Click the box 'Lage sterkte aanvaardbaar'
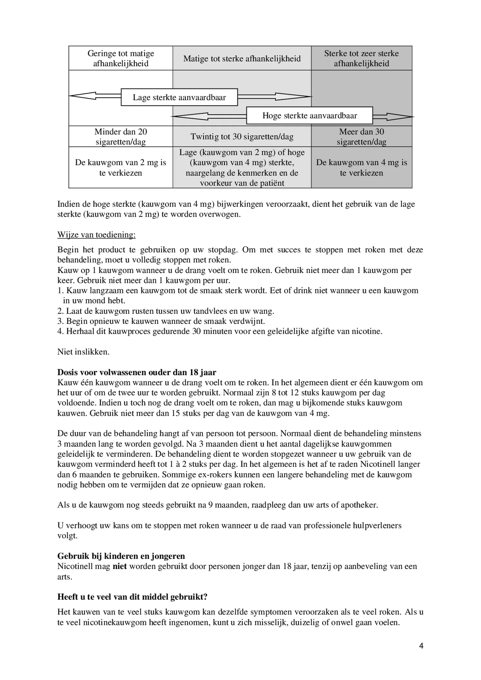click(179, 97)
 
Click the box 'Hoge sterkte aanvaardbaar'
click(309, 116)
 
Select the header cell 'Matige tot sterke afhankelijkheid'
click(242, 59)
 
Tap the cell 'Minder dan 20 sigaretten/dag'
click(120, 137)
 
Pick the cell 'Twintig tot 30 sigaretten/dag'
click(242, 137)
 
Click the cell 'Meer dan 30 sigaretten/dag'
click(361, 137)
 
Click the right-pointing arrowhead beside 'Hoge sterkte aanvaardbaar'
click(399, 117)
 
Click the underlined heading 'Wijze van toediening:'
click(96, 235)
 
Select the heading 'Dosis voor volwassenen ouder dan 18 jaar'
click(137, 372)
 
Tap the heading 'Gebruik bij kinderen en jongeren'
click(121, 556)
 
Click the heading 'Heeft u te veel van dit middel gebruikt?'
click(132, 597)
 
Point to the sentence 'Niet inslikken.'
click(83, 352)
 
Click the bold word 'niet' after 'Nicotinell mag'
click(119, 566)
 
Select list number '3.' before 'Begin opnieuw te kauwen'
click(61, 321)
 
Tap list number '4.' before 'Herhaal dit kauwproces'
click(61, 331)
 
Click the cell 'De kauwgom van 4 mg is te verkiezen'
click(361, 167)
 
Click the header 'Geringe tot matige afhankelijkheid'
click(120, 58)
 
